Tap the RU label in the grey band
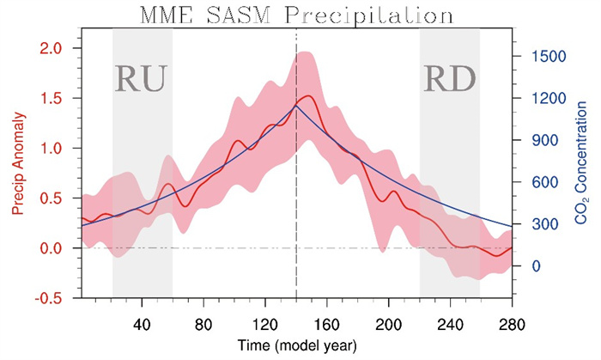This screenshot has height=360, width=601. point(141,77)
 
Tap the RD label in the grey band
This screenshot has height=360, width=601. point(450,77)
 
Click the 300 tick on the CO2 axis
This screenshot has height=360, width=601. point(533,224)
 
